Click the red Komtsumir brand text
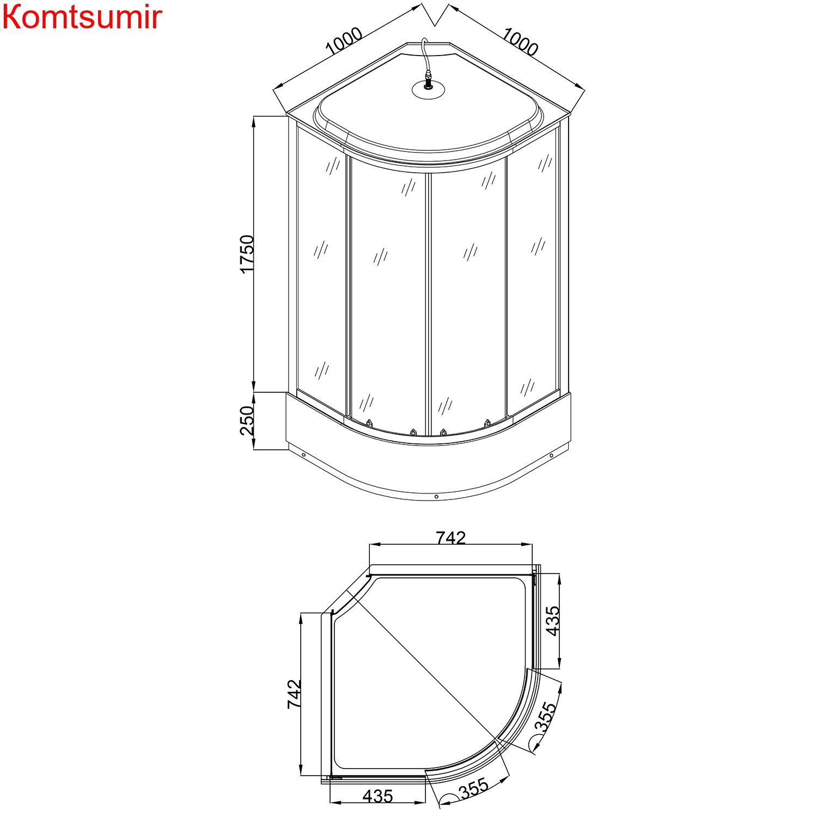pyautogui.click(x=82, y=17)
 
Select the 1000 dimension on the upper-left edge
pyautogui.click(x=344, y=41)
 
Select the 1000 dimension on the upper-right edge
pyautogui.click(x=520, y=41)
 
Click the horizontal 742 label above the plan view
pyautogui.click(x=451, y=538)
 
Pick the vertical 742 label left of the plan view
pyautogui.click(x=294, y=693)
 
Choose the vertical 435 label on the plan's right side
pyautogui.click(x=552, y=621)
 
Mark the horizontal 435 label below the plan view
pyautogui.click(x=377, y=796)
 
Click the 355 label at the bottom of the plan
pyautogui.click(x=474, y=789)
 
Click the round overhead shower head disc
pyautogui.click(x=428, y=90)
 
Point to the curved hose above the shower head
pyautogui.click(x=425, y=54)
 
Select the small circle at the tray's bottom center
pyautogui.click(x=436, y=496)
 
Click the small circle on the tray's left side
pyautogui.click(x=303, y=455)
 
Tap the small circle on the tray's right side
pyautogui.click(x=551, y=455)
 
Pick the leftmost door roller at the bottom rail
pyautogui.click(x=369, y=423)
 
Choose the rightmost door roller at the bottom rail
pyautogui.click(x=487, y=422)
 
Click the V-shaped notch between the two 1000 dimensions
pyautogui.click(x=435, y=19)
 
